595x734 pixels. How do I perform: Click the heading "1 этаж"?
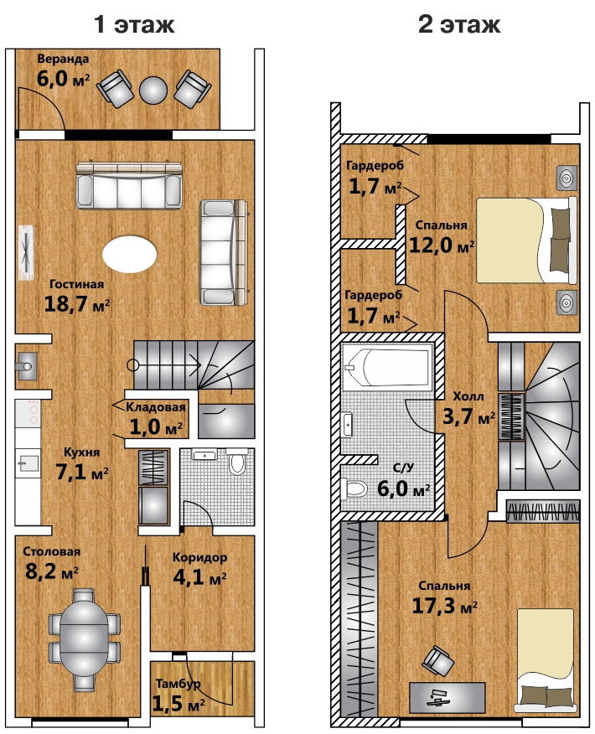[x=134, y=23]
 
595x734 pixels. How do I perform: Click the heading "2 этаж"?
[x=459, y=23]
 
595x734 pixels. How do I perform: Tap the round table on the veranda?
[x=153, y=90]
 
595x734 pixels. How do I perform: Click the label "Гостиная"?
[x=77, y=284]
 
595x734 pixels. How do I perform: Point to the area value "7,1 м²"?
[x=82, y=472]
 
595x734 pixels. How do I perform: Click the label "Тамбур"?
[x=178, y=684]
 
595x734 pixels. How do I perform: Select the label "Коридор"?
[x=200, y=557]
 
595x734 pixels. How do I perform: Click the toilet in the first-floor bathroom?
[x=237, y=461]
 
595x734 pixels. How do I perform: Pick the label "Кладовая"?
[x=156, y=407]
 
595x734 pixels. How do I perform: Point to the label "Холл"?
[x=468, y=396]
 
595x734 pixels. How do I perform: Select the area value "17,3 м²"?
[x=445, y=606]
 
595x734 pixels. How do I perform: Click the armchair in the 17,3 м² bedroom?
[x=438, y=660]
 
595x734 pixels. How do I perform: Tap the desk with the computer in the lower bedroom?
[x=447, y=697]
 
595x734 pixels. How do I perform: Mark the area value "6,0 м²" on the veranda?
[x=63, y=78]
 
